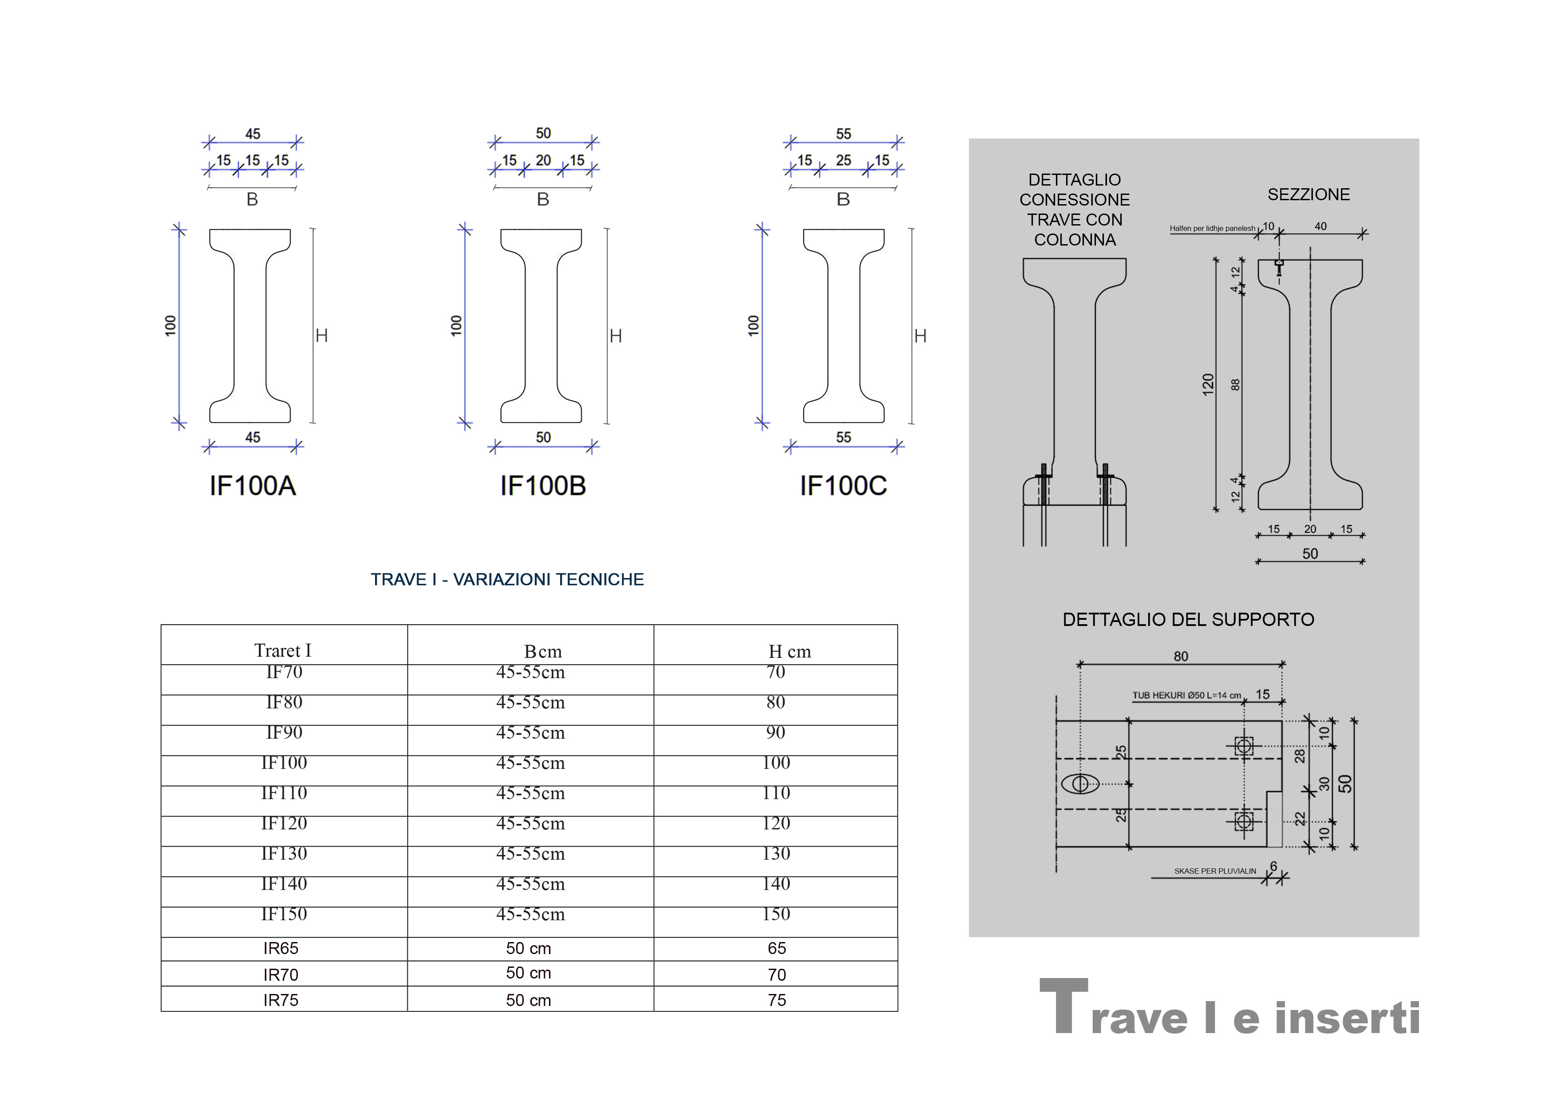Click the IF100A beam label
coord(252,486)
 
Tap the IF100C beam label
coord(843,486)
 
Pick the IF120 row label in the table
coord(284,824)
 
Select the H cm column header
coord(789,652)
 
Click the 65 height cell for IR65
coord(776,948)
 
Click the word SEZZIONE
coord(1308,195)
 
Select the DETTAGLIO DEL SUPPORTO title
coord(1188,619)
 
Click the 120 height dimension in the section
coord(1208,384)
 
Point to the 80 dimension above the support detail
coord(1181,657)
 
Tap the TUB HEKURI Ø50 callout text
coord(1186,695)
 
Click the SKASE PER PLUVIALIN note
coord(1214,871)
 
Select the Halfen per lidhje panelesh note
coord(1212,229)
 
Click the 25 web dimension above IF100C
coord(843,161)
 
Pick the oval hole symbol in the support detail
coord(1079,784)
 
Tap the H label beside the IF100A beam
coord(321,336)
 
